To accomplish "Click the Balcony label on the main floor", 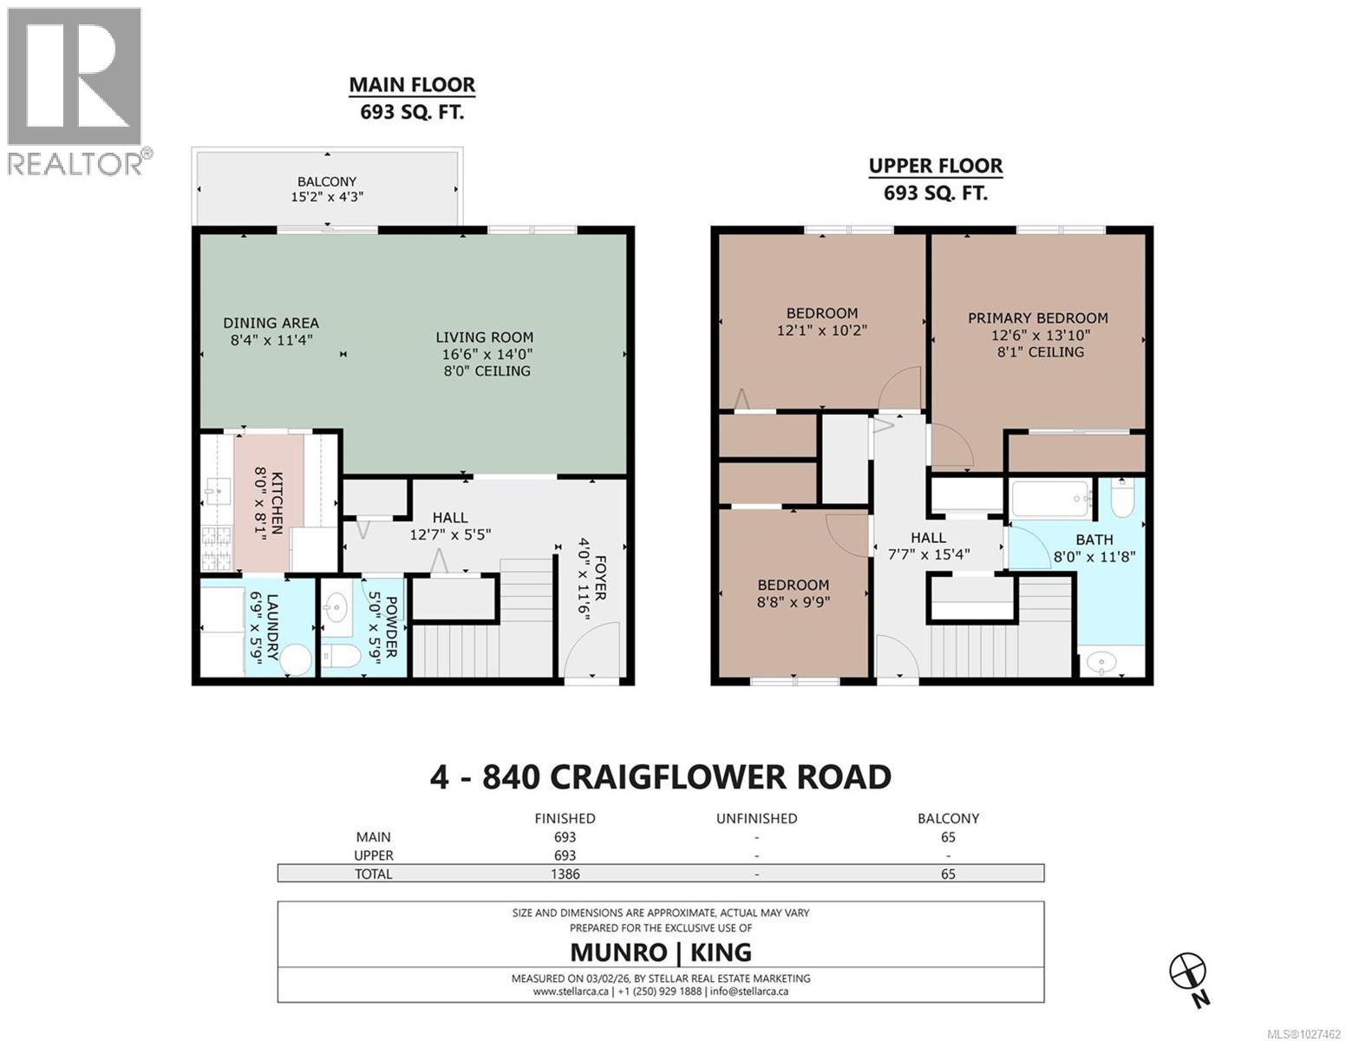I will [x=326, y=181].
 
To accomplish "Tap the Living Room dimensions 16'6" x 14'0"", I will [x=484, y=354].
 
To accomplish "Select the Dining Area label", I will [x=271, y=324].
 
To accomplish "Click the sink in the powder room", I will [x=335, y=608].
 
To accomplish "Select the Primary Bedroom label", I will [x=1037, y=318].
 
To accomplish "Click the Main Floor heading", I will [x=412, y=85].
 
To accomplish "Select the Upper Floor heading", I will [x=935, y=166].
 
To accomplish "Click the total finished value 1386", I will [x=564, y=874].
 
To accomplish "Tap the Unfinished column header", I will [x=756, y=818].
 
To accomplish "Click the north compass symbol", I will [x=1187, y=970].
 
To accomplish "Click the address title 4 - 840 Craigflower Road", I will [x=660, y=776].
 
